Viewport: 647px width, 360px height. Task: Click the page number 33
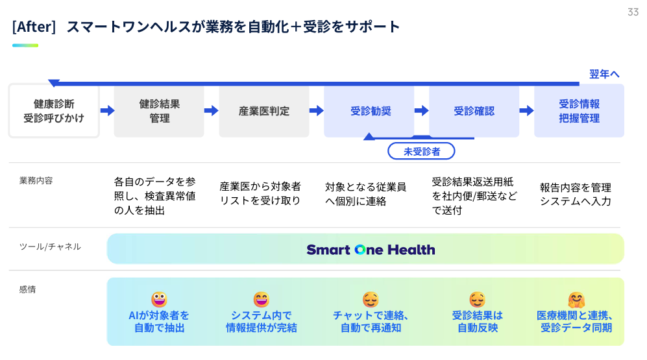633,12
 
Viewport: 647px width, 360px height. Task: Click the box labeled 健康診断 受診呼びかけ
54,111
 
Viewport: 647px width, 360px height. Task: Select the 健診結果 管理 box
159,111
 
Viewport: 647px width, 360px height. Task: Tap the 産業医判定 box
264,111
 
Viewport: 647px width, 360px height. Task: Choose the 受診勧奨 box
370,111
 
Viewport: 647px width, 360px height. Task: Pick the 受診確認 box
474,111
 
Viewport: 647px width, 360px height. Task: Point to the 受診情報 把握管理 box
579,111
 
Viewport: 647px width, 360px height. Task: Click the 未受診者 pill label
422,151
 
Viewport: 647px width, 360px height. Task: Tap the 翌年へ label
604,74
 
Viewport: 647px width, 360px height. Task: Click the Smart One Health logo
371,250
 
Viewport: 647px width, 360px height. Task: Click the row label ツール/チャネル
51,246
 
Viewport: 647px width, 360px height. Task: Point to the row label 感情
28,289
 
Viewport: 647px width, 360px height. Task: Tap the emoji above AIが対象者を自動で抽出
159,299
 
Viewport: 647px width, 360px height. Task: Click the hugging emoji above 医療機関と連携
576,300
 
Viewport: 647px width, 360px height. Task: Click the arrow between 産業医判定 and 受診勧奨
316,111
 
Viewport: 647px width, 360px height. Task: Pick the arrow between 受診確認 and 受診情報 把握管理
526,111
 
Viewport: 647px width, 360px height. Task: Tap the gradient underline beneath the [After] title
25,45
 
